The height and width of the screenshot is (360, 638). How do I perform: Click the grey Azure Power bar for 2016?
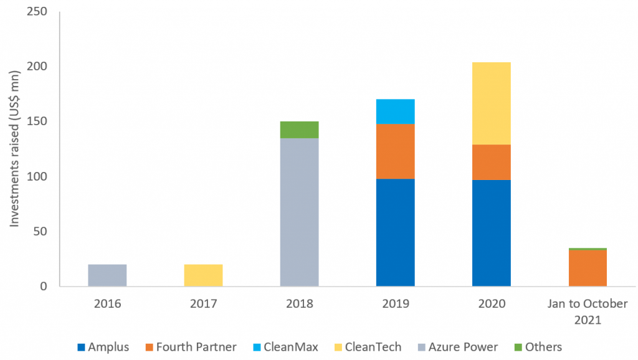[107, 275]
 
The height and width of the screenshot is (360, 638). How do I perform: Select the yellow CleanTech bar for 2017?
[203, 275]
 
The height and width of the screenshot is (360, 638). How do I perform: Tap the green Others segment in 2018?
[299, 130]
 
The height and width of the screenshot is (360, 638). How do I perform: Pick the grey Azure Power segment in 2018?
[299, 212]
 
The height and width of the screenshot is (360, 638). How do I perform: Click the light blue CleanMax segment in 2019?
[395, 111]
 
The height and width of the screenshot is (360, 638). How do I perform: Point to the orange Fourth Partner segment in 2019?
[395, 151]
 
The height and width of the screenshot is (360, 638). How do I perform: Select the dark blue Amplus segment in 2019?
[395, 232]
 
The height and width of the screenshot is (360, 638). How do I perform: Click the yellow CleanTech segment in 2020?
[491, 103]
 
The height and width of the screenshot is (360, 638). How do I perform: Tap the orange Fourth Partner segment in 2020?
[491, 162]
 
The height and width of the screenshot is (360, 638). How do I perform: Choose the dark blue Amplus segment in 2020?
[491, 233]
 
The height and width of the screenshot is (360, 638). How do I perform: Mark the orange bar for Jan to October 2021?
[587, 268]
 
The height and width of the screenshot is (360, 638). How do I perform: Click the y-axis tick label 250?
[38, 11]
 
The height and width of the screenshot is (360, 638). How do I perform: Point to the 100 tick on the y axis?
[38, 176]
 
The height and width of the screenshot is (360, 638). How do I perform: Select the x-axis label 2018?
[299, 304]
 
